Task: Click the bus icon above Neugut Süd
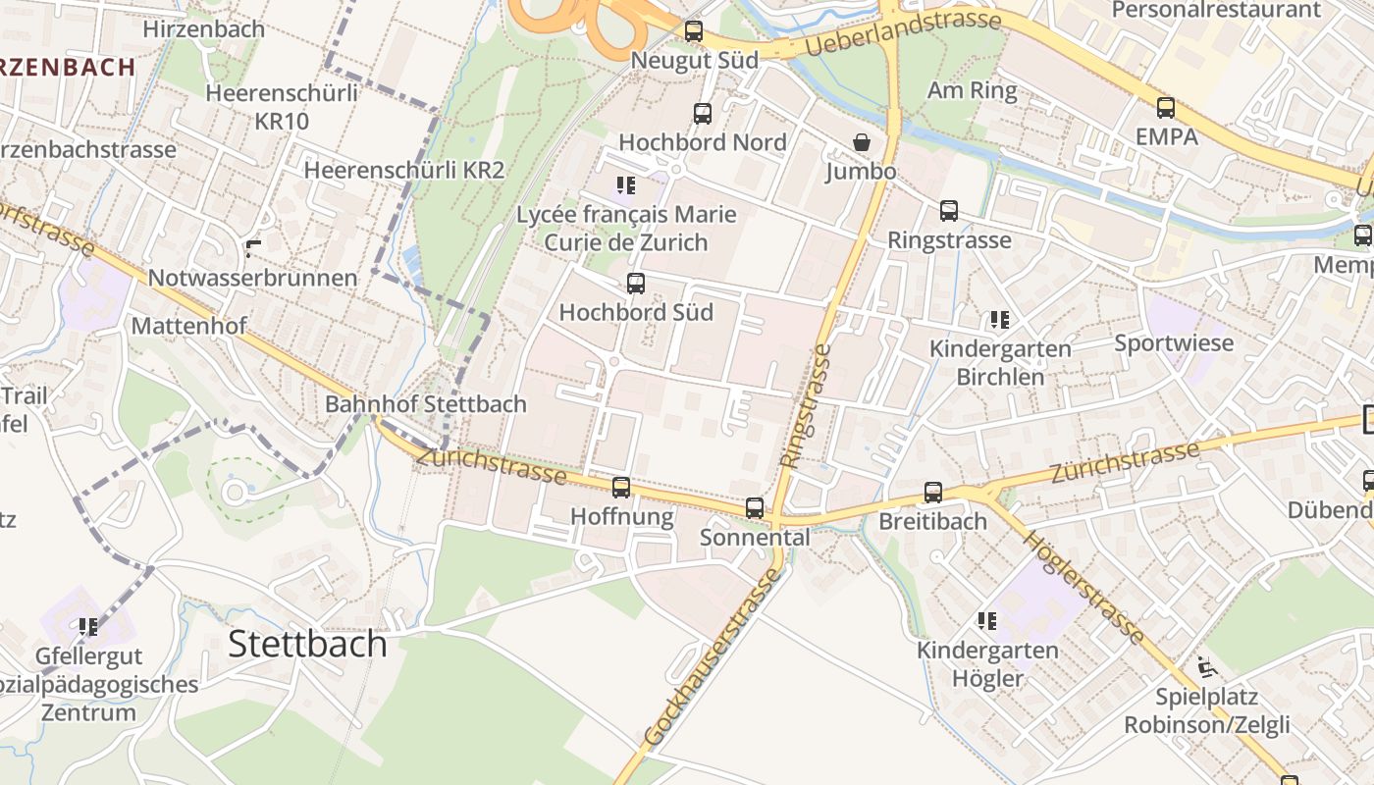tap(694, 31)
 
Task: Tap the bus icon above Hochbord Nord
tap(703, 114)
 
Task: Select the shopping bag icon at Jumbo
tap(861, 143)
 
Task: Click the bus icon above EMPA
tap(1166, 108)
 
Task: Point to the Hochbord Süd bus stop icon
tap(636, 284)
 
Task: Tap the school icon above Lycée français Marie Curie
tap(626, 184)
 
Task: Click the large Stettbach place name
tap(307, 644)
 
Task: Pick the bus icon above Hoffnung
tap(621, 488)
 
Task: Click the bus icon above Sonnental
tap(754, 508)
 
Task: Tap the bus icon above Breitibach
tap(932, 493)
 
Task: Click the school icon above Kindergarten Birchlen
tap(1000, 320)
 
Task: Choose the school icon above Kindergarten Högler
tap(987, 621)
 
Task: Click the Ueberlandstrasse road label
tap(903, 33)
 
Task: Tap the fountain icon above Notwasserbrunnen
tap(253, 249)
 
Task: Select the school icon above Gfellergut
tap(88, 626)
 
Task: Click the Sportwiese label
tap(1174, 342)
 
